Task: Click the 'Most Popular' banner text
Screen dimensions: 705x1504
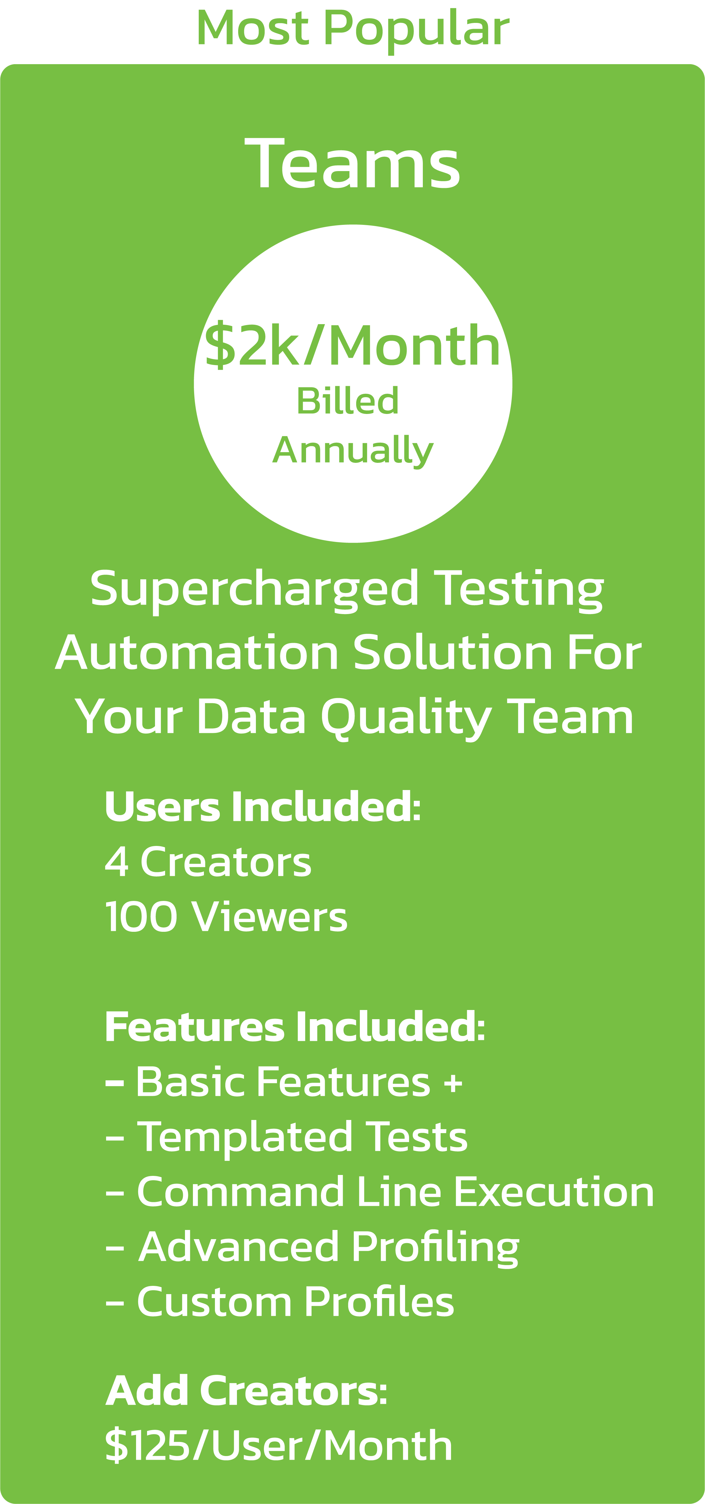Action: (x=353, y=29)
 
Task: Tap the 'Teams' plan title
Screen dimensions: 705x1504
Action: (x=353, y=163)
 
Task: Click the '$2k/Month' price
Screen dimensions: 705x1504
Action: (x=352, y=346)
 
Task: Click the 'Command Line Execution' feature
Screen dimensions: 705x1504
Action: (x=395, y=1192)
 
